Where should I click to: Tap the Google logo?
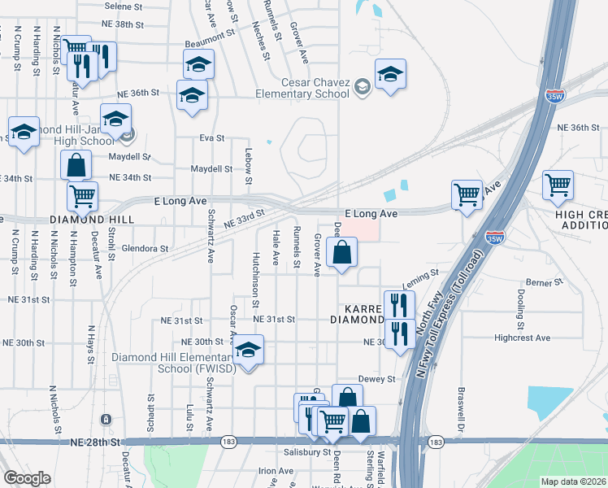[27, 478]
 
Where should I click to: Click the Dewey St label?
[375, 379]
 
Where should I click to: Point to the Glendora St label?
[145, 248]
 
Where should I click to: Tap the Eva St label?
[211, 138]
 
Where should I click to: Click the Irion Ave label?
[276, 471]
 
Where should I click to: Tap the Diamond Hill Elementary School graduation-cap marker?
[248, 351]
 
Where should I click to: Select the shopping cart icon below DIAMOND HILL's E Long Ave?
[82, 195]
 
